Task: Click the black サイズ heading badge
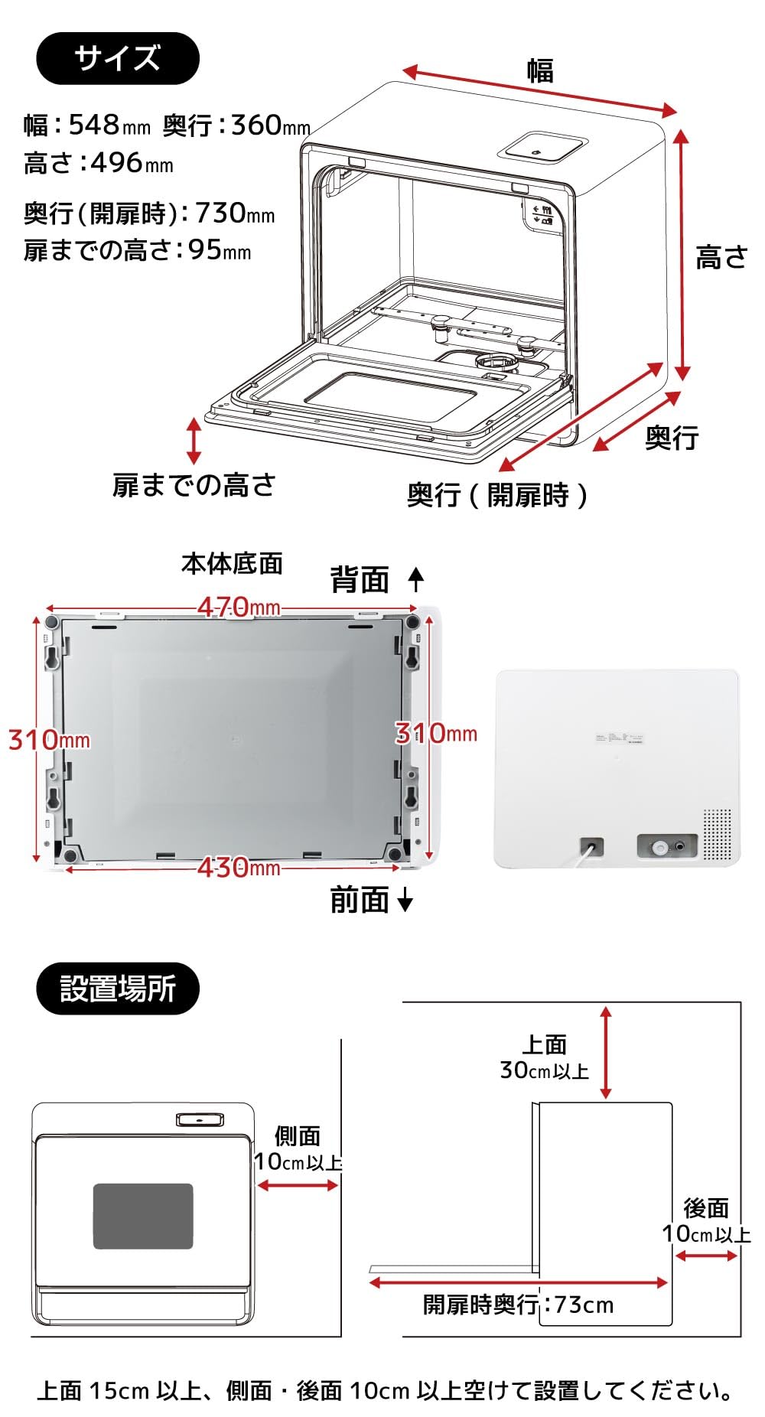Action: tap(118, 58)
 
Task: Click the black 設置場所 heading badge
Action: tap(118, 988)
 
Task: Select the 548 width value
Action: tap(94, 124)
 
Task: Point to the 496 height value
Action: tap(116, 162)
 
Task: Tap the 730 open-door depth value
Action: tap(220, 212)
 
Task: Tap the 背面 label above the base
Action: tap(360, 579)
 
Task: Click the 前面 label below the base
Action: tap(360, 900)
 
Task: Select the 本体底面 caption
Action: tap(232, 563)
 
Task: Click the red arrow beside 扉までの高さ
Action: tap(194, 441)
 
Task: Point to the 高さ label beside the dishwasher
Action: tap(721, 257)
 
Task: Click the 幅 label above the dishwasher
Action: tap(540, 70)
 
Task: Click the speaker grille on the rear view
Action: tap(717, 833)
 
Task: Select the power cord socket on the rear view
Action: tap(591, 846)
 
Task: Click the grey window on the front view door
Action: tap(143, 1216)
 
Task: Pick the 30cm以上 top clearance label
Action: tap(544, 1070)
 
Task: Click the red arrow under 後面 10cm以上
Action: tap(706, 1255)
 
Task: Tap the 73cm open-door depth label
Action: tap(584, 1304)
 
